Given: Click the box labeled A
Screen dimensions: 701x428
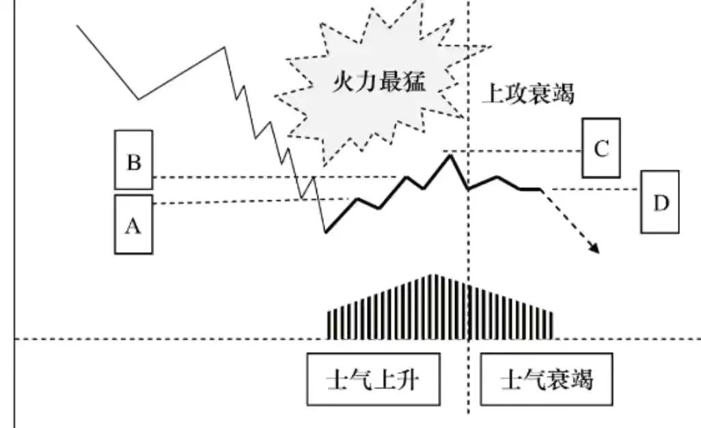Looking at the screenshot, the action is [x=134, y=224].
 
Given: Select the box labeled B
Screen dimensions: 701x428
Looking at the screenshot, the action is [x=134, y=160].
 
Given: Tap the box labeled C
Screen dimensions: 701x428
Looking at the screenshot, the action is [x=601, y=148].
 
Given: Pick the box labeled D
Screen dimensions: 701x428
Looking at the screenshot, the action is [x=660, y=202].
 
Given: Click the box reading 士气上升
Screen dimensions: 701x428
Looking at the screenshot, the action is [x=373, y=379].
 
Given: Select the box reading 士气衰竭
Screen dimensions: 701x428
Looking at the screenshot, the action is [x=547, y=379].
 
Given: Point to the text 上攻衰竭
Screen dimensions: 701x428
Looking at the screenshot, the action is [x=528, y=94].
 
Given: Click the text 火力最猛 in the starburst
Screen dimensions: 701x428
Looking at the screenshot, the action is [x=379, y=82].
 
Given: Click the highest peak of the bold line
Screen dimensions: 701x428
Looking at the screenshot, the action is [x=450, y=155].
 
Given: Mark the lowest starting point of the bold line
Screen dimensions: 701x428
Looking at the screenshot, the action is [x=326, y=232].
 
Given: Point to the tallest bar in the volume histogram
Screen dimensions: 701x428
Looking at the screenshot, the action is [x=432, y=307].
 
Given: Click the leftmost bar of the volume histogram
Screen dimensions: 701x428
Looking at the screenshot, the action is [x=329, y=325].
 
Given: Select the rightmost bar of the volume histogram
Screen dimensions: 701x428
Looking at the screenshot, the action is [x=551, y=326].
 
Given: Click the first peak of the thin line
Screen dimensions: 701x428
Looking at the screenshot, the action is [x=224, y=47].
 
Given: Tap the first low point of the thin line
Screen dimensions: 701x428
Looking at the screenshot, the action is [x=139, y=99].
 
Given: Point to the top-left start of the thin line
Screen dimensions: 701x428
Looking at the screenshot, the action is [x=77, y=25].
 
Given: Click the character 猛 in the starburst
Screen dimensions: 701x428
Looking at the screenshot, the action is [x=415, y=82].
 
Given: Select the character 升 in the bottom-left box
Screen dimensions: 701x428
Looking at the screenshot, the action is [x=408, y=379].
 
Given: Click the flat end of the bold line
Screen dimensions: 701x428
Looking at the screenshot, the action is [x=541, y=190].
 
